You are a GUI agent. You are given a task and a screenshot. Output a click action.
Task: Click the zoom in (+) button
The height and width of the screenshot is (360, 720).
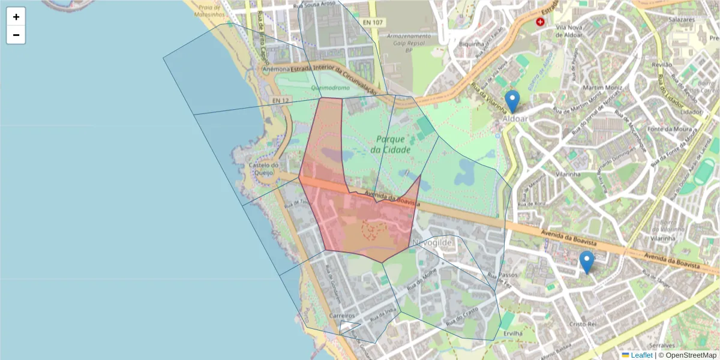[x=16, y=17]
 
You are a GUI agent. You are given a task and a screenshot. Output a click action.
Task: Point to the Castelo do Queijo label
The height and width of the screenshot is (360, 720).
[x=265, y=169]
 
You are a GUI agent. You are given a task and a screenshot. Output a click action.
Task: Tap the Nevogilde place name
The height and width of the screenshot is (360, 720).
[x=432, y=242]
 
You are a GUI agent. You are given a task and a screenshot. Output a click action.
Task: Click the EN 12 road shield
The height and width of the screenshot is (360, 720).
[x=280, y=100]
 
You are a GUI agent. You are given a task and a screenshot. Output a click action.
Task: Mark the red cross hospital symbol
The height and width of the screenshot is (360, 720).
[x=541, y=22]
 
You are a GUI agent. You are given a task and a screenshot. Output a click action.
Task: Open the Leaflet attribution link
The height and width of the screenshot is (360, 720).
[x=641, y=355]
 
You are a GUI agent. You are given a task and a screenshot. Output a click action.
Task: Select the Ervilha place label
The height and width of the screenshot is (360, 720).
[x=514, y=334]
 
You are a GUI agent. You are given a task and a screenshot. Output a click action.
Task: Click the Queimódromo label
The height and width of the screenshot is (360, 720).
[x=330, y=88]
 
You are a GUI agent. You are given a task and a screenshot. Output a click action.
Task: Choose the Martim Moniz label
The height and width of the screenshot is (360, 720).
[x=596, y=88]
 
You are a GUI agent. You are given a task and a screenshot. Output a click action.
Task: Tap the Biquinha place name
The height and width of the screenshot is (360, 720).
[x=471, y=44]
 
